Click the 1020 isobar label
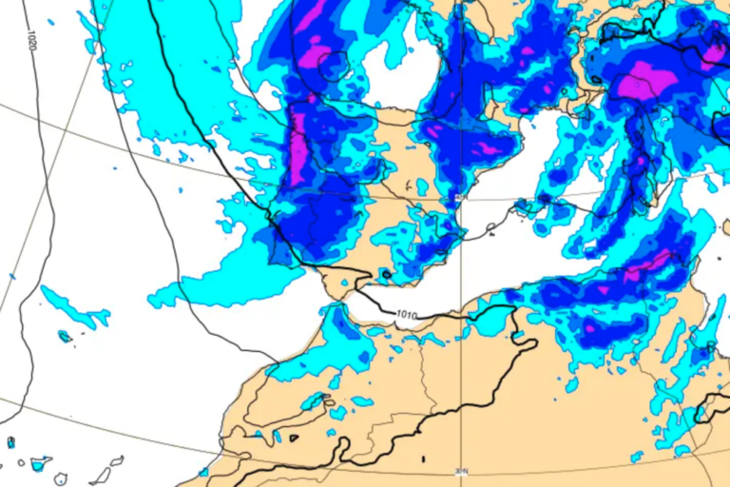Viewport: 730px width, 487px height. [32, 41]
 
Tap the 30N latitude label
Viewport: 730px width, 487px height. [463, 470]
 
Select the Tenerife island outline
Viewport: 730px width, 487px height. [40, 464]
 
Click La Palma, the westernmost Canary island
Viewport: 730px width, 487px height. [10, 442]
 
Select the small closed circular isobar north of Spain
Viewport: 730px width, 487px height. [334, 66]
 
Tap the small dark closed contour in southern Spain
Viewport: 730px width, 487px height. [385, 275]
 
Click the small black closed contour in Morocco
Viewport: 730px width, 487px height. [295, 438]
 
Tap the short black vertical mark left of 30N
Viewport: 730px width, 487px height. [422, 461]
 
